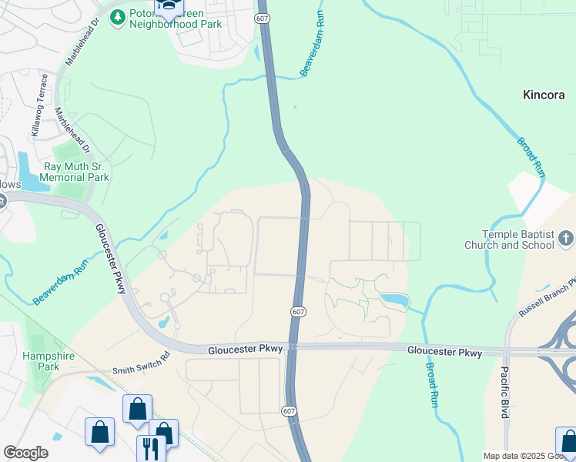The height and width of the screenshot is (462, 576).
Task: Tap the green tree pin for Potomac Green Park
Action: pyautogui.click(x=117, y=17)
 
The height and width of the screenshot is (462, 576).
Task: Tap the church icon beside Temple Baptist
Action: pyautogui.click(x=566, y=239)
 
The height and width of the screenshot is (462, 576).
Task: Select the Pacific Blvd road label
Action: pyautogui.click(x=504, y=391)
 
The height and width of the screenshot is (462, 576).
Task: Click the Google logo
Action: pyautogui.click(x=25, y=453)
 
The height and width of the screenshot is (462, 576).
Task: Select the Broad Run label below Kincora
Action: pyautogui.click(x=531, y=158)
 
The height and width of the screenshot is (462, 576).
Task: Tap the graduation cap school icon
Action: pyautogui.click(x=168, y=7)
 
